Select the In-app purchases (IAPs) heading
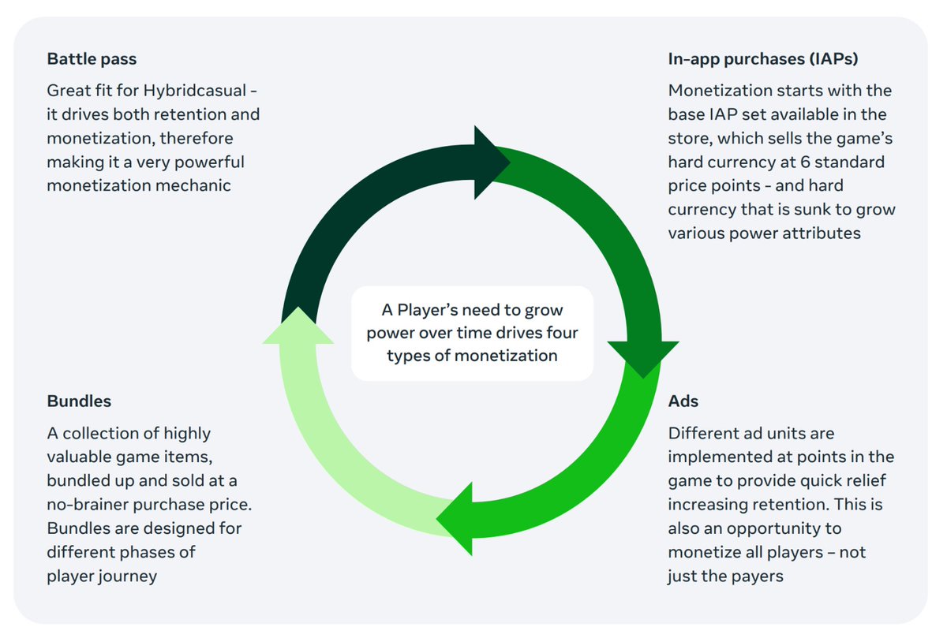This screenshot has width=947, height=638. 763,59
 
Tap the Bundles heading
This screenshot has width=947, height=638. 79,401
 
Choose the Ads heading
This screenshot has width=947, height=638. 683,401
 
